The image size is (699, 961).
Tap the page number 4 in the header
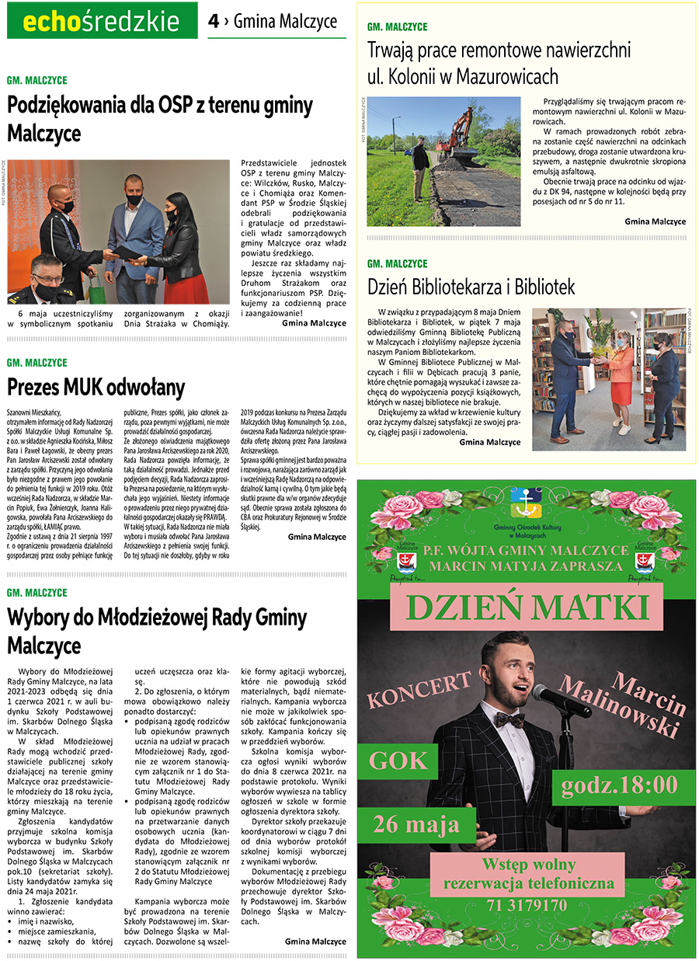(213, 22)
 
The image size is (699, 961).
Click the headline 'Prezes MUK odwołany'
(96, 387)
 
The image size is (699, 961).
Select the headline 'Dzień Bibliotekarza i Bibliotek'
(471, 287)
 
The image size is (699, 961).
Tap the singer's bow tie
(509, 719)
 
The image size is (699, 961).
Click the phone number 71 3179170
(528, 905)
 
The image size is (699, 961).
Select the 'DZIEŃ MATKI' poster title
(527, 607)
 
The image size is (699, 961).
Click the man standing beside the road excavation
(421, 167)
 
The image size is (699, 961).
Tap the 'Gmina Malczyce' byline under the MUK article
(317, 536)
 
